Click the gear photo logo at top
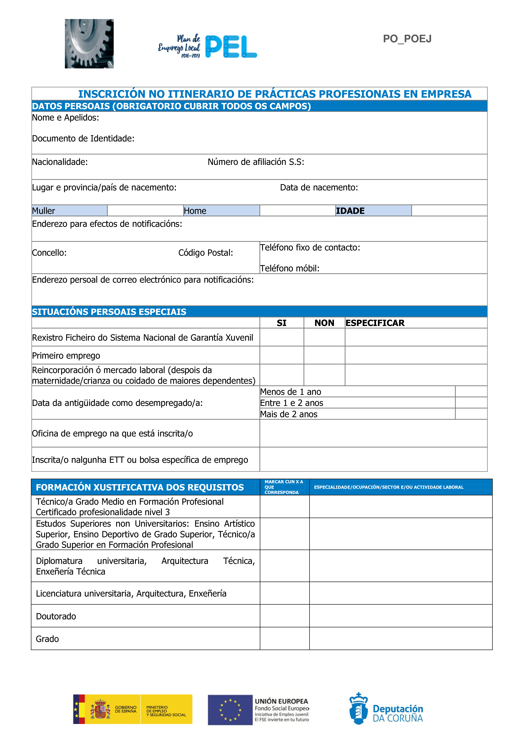(x=89, y=44)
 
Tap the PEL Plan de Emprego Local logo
(x=208, y=47)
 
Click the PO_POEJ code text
(x=407, y=39)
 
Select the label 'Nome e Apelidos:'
(x=66, y=118)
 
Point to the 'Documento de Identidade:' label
(x=83, y=139)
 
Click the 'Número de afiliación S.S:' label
(x=256, y=162)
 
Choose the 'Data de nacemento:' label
(x=319, y=187)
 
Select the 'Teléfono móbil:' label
(x=290, y=268)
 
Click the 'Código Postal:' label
(x=206, y=253)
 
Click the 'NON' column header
(x=324, y=323)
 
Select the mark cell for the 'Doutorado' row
(x=285, y=616)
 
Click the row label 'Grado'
(x=47, y=639)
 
